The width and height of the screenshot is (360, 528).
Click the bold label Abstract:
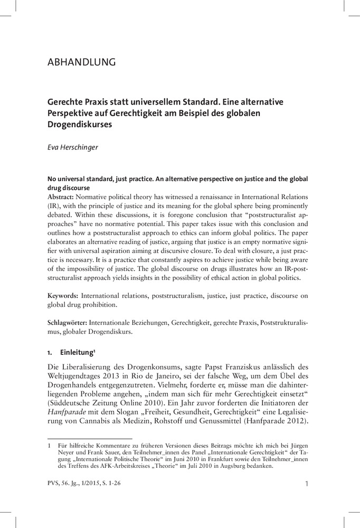coord(62,195)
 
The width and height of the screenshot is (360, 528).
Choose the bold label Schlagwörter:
coord(68,321)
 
